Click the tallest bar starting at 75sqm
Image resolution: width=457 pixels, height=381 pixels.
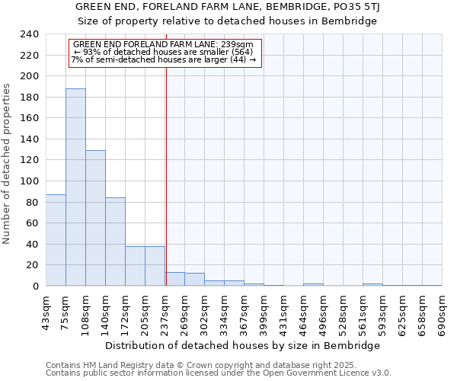75,187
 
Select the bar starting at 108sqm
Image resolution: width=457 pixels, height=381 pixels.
95,218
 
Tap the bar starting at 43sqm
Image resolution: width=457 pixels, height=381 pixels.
56,240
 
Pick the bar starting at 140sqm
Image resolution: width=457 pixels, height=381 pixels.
115,242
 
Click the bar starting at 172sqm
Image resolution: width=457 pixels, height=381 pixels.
135,266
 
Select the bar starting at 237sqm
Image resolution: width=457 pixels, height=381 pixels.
174,279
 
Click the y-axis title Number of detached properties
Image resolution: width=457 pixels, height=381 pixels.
8,165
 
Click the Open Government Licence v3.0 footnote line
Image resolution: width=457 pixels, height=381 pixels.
219,373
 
